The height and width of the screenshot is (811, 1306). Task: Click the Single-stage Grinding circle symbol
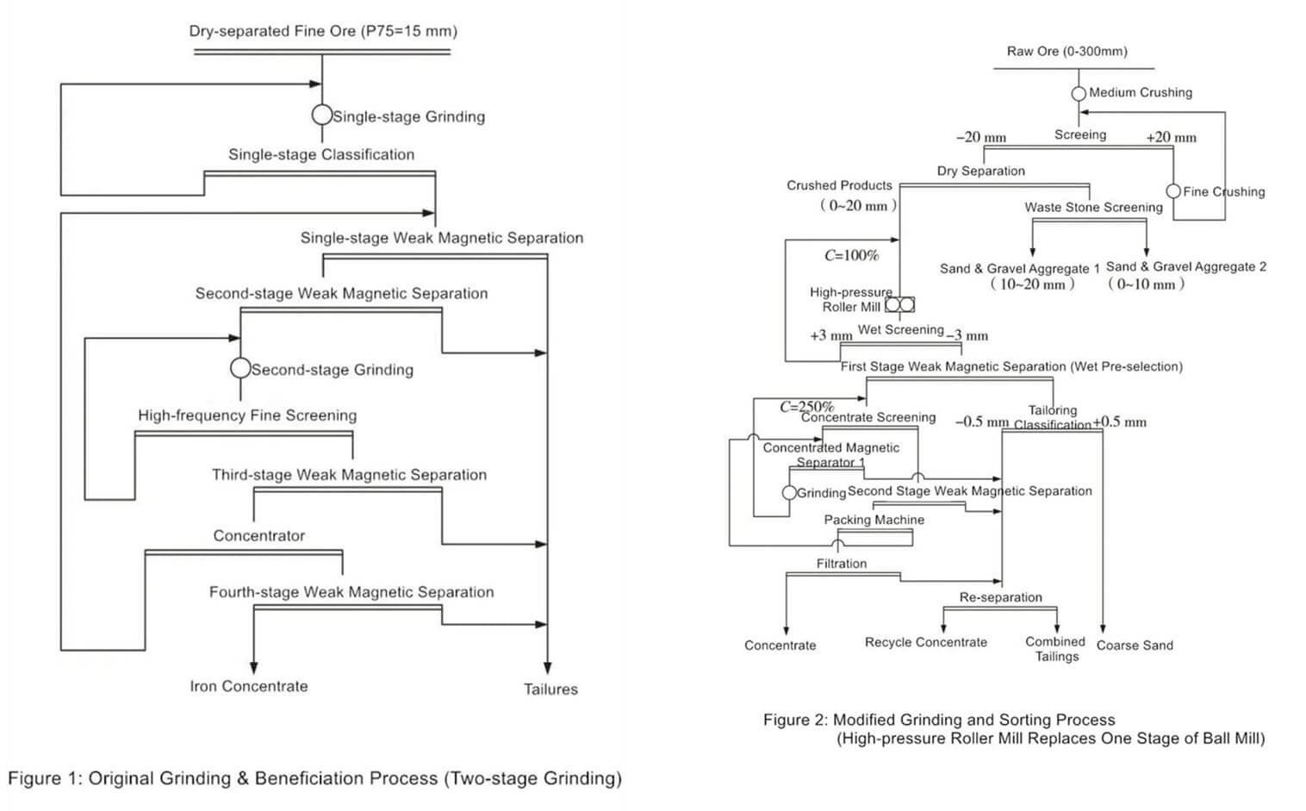(x=321, y=115)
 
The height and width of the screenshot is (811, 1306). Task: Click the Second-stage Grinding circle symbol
(x=240, y=368)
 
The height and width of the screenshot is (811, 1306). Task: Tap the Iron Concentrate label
(x=248, y=686)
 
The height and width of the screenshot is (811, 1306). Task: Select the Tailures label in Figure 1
(x=550, y=689)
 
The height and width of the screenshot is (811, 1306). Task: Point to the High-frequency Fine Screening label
(x=247, y=415)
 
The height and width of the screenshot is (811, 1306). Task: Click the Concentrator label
(x=258, y=535)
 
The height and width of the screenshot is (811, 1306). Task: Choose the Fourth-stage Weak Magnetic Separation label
(x=351, y=592)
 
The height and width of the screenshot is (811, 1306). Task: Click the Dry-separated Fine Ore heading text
(x=323, y=31)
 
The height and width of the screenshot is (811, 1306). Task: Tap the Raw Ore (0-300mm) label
(x=1067, y=51)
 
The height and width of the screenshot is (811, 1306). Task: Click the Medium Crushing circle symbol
(x=1079, y=93)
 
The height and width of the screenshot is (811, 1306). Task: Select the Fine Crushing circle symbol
(x=1173, y=191)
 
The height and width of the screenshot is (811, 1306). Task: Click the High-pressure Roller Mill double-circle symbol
(x=899, y=305)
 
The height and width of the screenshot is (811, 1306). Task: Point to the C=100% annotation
(x=851, y=255)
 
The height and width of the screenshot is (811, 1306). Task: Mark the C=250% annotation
(x=806, y=406)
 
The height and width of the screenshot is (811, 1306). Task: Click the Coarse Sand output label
(x=1134, y=645)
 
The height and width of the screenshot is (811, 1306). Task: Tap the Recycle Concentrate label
(x=925, y=642)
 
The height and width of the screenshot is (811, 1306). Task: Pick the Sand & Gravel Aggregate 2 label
(x=1185, y=267)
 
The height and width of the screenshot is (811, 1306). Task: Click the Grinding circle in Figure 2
(x=789, y=493)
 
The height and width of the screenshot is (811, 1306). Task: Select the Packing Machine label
(x=874, y=520)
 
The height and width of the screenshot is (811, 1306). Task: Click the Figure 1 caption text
(x=314, y=778)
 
